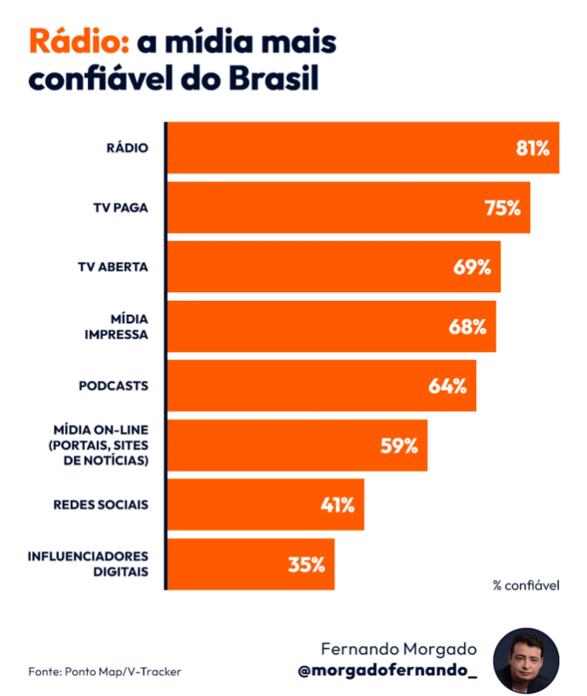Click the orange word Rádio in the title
click(x=79, y=41)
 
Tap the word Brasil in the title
click(x=274, y=78)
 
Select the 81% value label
click(x=532, y=148)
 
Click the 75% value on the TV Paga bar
click(x=502, y=208)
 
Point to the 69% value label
click(x=472, y=267)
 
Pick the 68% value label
click(x=468, y=327)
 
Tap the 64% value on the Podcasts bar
click(x=447, y=386)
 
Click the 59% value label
click(x=399, y=446)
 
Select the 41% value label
click(x=338, y=505)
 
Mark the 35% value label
click(x=307, y=564)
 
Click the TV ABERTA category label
click(x=113, y=267)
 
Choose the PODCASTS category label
click(x=113, y=386)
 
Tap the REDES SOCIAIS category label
click(x=101, y=505)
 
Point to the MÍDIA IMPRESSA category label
click(x=117, y=327)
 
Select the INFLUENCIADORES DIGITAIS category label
click(x=88, y=563)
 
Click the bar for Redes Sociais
click(x=265, y=505)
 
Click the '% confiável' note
click(x=526, y=585)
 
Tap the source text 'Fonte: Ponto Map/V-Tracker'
click(x=105, y=672)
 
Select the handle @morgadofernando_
click(x=387, y=670)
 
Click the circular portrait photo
click(x=526, y=660)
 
